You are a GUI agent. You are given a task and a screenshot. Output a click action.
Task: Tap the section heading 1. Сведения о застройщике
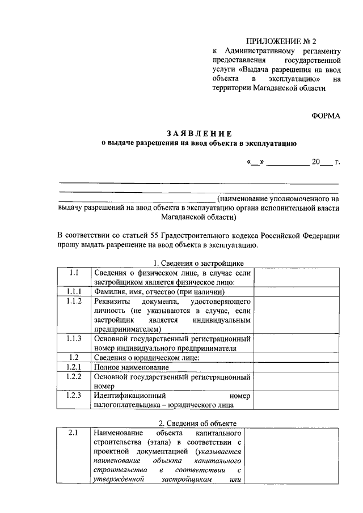pyautogui.click(x=199, y=262)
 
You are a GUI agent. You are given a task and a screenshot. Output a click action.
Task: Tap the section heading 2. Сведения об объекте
pyautogui.click(x=199, y=422)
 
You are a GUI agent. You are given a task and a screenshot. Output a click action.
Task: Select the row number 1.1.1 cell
pyautogui.click(x=73, y=291)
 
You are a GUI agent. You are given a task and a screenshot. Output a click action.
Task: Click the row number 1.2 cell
pyautogui.click(x=73, y=357)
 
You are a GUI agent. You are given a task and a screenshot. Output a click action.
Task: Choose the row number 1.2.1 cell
pyautogui.click(x=73, y=367)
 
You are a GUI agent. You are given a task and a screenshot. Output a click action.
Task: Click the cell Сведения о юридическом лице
pyautogui.click(x=146, y=358)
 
